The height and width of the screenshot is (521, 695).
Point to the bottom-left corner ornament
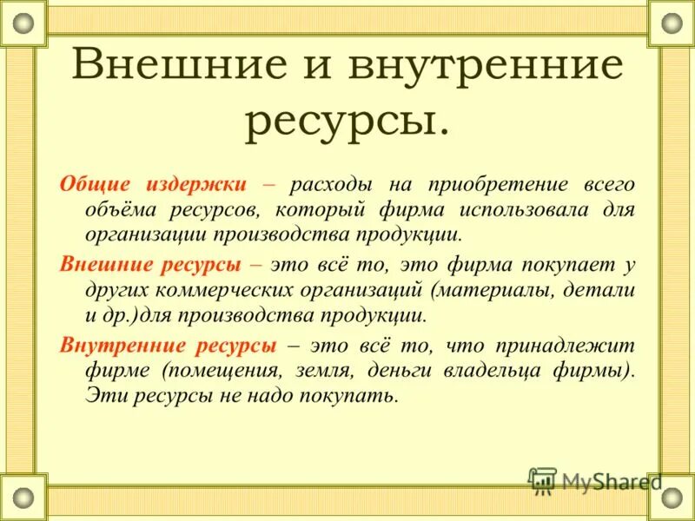pyautogui.click(x=23, y=498)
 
